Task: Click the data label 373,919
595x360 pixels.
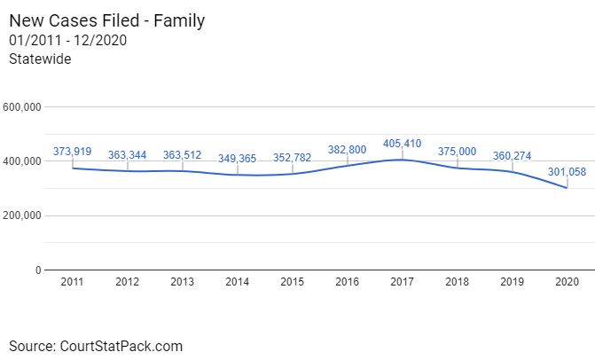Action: click(x=72, y=152)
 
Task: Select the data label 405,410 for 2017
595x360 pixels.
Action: click(x=403, y=143)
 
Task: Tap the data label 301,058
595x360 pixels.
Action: click(x=568, y=171)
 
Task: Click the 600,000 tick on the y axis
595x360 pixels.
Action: click(x=23, y=107)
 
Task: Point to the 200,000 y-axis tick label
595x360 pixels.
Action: click(x=23, y=215)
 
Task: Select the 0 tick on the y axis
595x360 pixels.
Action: click(x=38, y=270)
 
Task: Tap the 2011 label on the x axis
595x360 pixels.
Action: click(x=72, y=282)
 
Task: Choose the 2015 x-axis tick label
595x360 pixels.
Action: click(x=292, y=282)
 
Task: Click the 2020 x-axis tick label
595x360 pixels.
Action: click(x=568, y=282)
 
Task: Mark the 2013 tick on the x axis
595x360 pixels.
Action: click(x=182, y=282)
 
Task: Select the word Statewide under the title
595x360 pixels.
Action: click(x=40, y=59)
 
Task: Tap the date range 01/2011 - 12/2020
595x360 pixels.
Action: click(x=68, y=40)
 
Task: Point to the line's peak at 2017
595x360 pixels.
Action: click(x=403, y=160)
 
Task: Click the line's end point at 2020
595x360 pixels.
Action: click(x=568, y=188)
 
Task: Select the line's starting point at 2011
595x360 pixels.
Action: click(x=72, y=168)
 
